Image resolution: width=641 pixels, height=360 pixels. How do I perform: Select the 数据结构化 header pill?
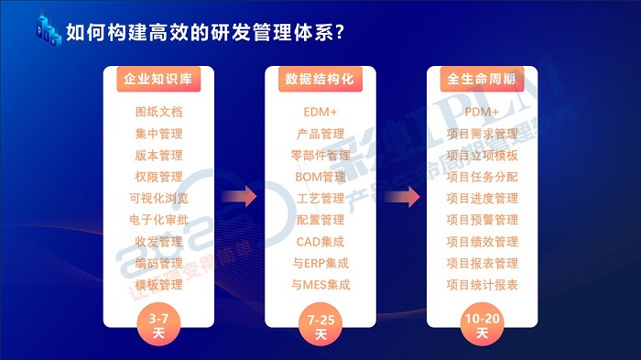pyautogui.click(x=320, y=79)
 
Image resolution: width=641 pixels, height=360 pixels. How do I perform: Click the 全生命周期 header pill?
pyautogui.click(x=481, y=79)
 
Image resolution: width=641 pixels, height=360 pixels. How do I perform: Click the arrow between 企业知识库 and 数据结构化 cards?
pyautogui.click(x=239, y=196)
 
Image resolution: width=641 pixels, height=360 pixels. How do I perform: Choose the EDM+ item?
pyautogui.click(x=320, y=112)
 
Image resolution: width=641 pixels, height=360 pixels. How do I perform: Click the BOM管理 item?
pyautogui.click(x=320, y=176)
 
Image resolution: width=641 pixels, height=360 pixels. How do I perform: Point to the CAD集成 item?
pyautogui.click(x=320, y=242)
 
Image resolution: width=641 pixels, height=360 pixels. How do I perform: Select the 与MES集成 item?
pyautogui.click(x=320, y=285)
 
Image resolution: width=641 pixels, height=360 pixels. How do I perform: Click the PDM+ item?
pyautogui.click(x=482, y=112)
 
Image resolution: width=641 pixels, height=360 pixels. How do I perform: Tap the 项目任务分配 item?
pyautogui.click(x=482, y=176)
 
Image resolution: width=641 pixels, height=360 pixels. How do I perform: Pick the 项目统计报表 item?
pyautogui.click(x=482, y=285)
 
